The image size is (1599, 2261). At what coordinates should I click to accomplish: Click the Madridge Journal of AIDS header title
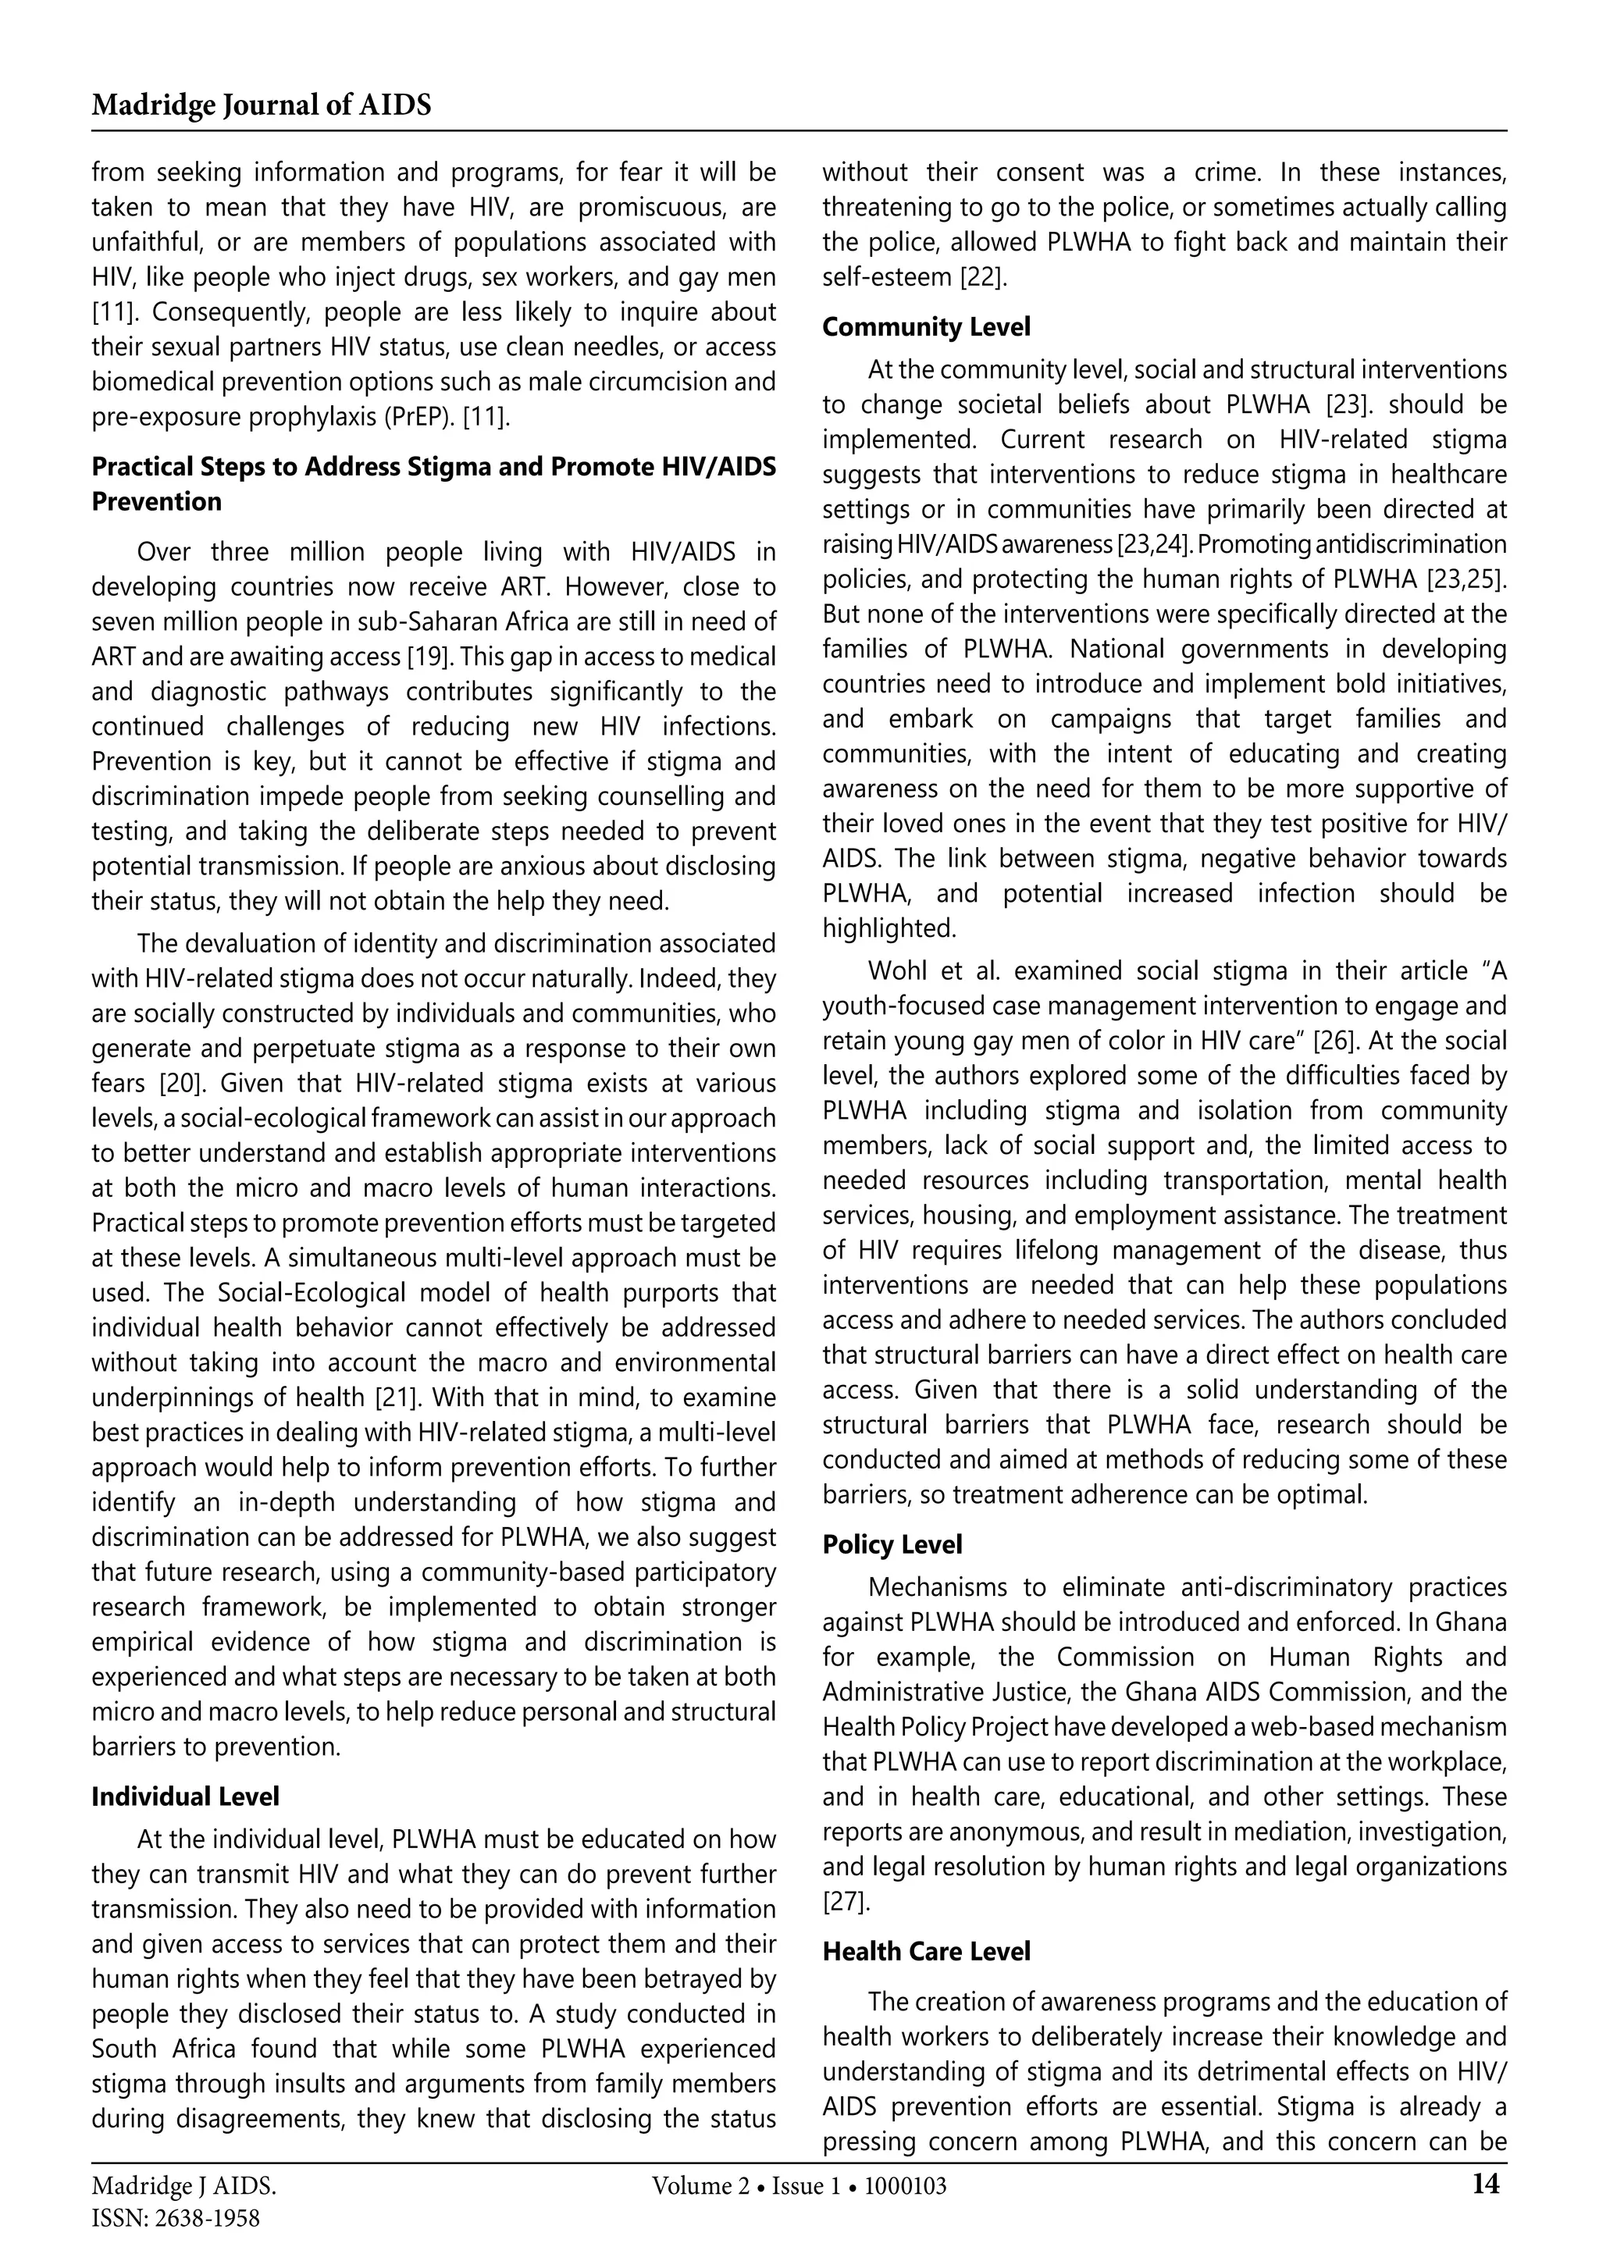261,105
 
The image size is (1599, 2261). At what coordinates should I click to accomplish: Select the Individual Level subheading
185,1797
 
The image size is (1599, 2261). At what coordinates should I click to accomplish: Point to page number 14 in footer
1486,2184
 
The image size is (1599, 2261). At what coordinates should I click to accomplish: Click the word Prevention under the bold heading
157,502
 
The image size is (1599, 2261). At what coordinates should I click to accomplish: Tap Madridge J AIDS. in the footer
184,2187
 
